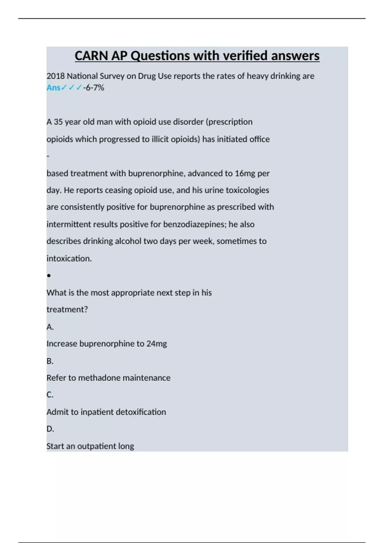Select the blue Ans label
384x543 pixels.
point(53,88)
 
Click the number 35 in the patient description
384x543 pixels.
point(58,122)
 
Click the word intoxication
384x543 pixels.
point(69,258)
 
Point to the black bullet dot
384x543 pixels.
point(49,275)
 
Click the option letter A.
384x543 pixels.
point(50,327)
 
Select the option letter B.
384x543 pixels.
point(50,361)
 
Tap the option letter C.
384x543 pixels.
point(50,395)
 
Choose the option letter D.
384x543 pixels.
point(50,429)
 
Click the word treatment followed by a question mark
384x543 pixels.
point(67,310)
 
